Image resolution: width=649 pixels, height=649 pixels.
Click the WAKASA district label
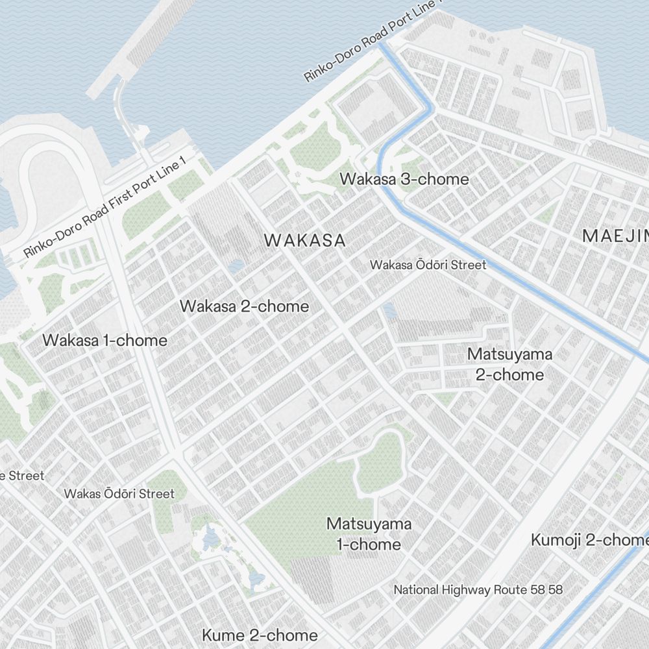pyautogui.click(x=304, y=240)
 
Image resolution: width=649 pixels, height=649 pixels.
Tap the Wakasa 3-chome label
pyautogui.click(x=404, y=179)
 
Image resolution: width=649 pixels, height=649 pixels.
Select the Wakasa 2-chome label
pyautogui.click(x=244, y=306)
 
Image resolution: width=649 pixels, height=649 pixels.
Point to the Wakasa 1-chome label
pyautogui.click(x=104, y=340)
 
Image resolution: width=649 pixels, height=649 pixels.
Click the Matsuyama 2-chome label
pyautogui.click(x=509, y=364)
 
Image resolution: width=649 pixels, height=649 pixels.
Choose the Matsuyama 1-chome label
pyautogui.click(x=369, y=533)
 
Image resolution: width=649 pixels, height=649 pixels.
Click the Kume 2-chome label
pyautogui.click(x=260, y=635)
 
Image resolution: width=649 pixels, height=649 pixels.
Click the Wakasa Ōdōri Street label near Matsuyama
pyautogui.click(x=428, y=265)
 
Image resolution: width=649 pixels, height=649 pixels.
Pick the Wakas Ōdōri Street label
pyautogui.click(x=119, y=494)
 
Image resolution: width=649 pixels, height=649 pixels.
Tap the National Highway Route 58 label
pyautogui.click(x=478, y=590)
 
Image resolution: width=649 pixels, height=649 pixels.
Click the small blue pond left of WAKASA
pyautogui.click(x=237, y=266)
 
